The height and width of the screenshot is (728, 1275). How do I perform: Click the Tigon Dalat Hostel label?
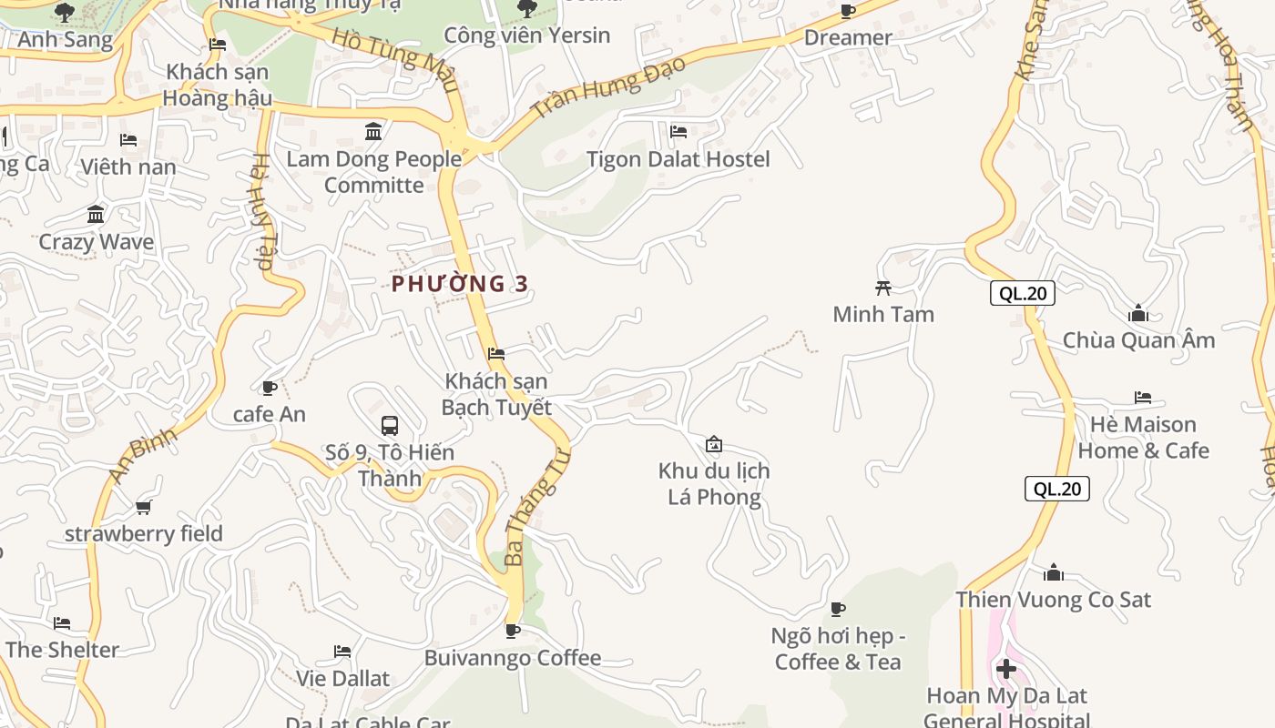(678, 159)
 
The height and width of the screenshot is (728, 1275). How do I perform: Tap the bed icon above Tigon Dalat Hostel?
(678, 131)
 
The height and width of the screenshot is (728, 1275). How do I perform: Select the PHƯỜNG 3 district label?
(460, 284)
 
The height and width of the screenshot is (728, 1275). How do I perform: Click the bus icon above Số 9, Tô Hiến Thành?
(390, 425)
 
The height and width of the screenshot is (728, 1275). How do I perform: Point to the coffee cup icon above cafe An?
(270, 388)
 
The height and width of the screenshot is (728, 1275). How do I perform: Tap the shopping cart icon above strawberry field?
(143, 507)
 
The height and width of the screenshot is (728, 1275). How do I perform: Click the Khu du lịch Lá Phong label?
(714, 483)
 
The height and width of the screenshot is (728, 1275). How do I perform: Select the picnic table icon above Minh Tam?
(882, 288)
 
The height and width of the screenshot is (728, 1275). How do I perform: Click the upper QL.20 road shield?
(1023, 293)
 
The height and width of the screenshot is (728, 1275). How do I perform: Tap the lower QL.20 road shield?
(1056, 489)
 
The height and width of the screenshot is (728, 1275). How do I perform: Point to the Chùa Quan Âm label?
(1138, 340)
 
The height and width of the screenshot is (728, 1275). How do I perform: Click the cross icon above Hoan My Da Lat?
(1006, 670)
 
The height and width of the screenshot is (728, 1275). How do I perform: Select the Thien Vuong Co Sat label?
(1053, 600)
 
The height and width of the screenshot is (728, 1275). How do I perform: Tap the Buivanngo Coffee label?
(513, 658)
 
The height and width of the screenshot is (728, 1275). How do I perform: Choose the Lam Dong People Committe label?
(374, 172)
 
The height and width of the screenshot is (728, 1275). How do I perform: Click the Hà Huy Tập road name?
(261, 211)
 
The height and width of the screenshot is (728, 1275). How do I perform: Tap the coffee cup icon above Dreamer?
(848, 12)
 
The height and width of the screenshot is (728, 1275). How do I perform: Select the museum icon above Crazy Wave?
(96, 215)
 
